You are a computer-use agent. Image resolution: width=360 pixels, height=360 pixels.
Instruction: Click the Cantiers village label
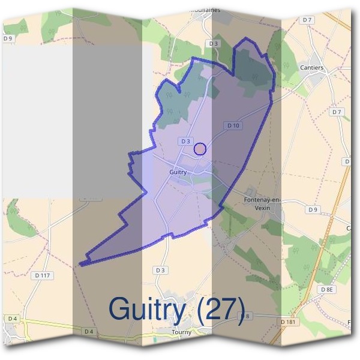click(x=311, y=68)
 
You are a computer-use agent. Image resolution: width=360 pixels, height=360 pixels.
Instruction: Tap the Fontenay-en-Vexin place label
click(x=263, y=203)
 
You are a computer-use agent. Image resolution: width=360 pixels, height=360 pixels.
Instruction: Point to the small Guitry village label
click(x=178, y=172)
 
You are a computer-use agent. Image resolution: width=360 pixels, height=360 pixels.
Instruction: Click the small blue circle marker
click(x=200, y=149)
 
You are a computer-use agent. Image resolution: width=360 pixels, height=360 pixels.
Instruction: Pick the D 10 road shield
click(x=233, y=125)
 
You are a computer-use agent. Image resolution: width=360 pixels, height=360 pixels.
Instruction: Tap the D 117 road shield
click(x=43, y=275)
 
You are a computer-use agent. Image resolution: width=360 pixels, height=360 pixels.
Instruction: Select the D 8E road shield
click(x=326, y=289)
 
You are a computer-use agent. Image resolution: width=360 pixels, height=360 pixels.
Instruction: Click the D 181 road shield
click(x=288, y=322)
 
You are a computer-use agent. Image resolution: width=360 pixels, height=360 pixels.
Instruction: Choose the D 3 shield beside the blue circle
click(x=184, y=141)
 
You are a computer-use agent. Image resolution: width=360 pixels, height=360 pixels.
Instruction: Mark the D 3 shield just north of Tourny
click(x=160, y=271)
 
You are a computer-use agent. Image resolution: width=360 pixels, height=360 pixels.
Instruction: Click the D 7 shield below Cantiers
click(x=337, y=112)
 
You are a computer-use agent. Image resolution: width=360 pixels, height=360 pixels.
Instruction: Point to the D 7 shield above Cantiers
click(x=308, y=20)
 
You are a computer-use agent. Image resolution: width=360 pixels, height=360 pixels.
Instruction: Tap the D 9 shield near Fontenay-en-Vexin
click(x=312, y=209)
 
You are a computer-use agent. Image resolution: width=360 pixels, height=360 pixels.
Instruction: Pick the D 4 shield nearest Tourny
click(x=89, y=331)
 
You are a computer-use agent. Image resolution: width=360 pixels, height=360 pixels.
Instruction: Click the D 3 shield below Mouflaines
click(x=213, y=44)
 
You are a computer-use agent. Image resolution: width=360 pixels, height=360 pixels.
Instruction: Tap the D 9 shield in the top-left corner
click(x=8, y=38)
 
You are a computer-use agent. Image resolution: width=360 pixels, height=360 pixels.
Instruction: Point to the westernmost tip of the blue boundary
click(x=80, y=263)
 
